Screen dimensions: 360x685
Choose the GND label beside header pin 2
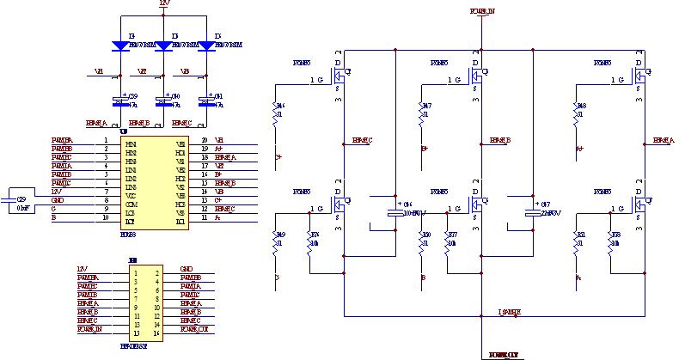pos(187,269)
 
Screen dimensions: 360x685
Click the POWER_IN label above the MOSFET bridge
pos(482,11)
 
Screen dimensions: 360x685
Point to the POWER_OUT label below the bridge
pos(504,353)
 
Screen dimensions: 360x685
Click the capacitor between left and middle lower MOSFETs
pos(394,213)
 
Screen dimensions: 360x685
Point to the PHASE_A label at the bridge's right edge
pos(664,140)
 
